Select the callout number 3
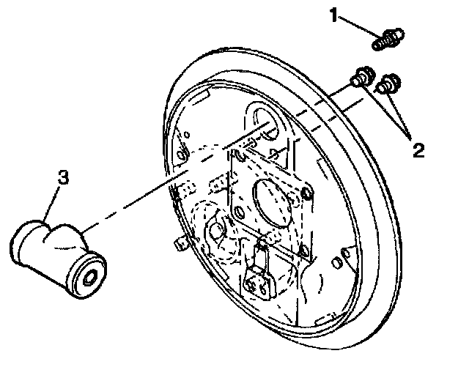click(64, 177)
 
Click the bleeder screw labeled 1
click(388, 40)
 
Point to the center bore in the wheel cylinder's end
click(90, 278)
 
